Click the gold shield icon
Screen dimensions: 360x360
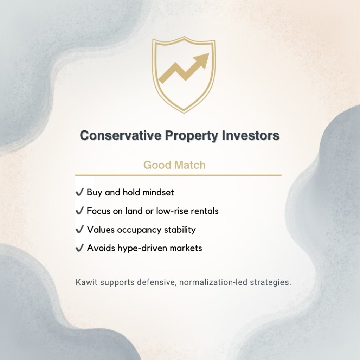[x=183, y=76]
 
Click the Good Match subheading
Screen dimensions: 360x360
[x=174, y=165]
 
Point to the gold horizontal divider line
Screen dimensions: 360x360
[x=178, y=175]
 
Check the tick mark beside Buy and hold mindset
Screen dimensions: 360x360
[x=79, y=193]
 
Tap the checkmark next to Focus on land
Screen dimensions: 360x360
[x=79, y=211]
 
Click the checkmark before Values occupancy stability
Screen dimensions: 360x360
[x=79, y=230]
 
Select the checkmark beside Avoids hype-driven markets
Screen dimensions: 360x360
[x=79, y=248]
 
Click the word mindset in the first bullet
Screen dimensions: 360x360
[x=157, y=193]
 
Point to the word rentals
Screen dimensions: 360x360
[x=205, y=211]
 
